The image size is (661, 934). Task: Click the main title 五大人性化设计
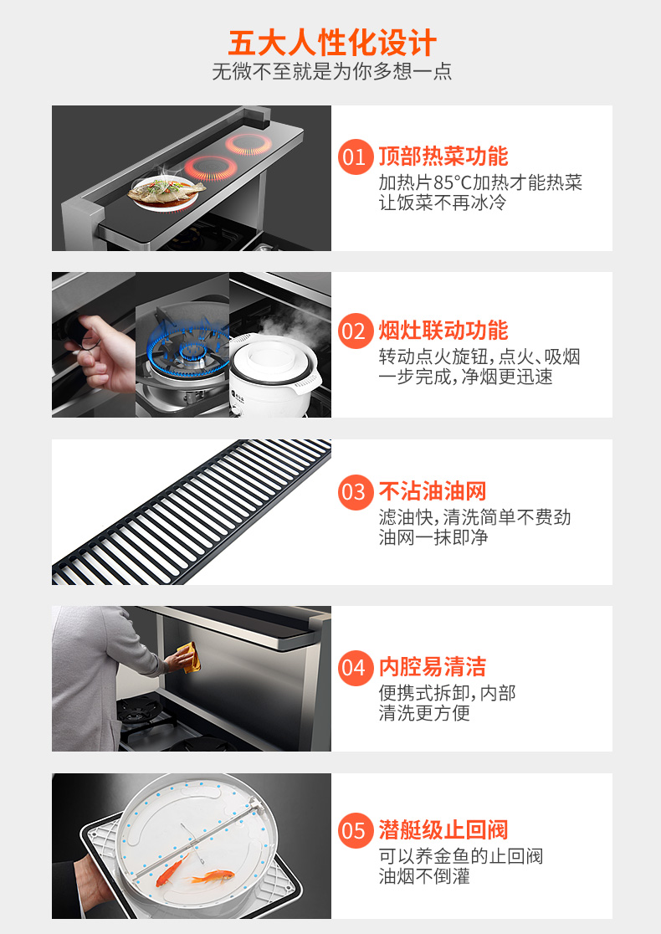coord(332,43)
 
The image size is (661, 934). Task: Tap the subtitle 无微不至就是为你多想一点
coord(331,71)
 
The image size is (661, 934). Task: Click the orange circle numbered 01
coord(356,157)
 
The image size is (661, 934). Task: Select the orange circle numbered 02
coord(356,331)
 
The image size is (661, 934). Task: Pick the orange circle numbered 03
coord(356,492)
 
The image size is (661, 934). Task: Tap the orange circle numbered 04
coord(356,668)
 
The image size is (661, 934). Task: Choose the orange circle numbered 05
coord(356,830)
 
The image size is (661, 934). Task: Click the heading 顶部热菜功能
coord(443,156)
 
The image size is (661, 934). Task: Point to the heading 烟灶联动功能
coord(443,330)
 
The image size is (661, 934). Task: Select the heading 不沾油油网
coord(433,491)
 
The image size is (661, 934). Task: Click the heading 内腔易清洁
coord(433,666)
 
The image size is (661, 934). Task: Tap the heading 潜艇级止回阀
coord(443,829)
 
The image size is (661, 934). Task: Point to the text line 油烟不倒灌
coord(424,876)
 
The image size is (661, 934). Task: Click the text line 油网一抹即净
coord(433,537)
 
